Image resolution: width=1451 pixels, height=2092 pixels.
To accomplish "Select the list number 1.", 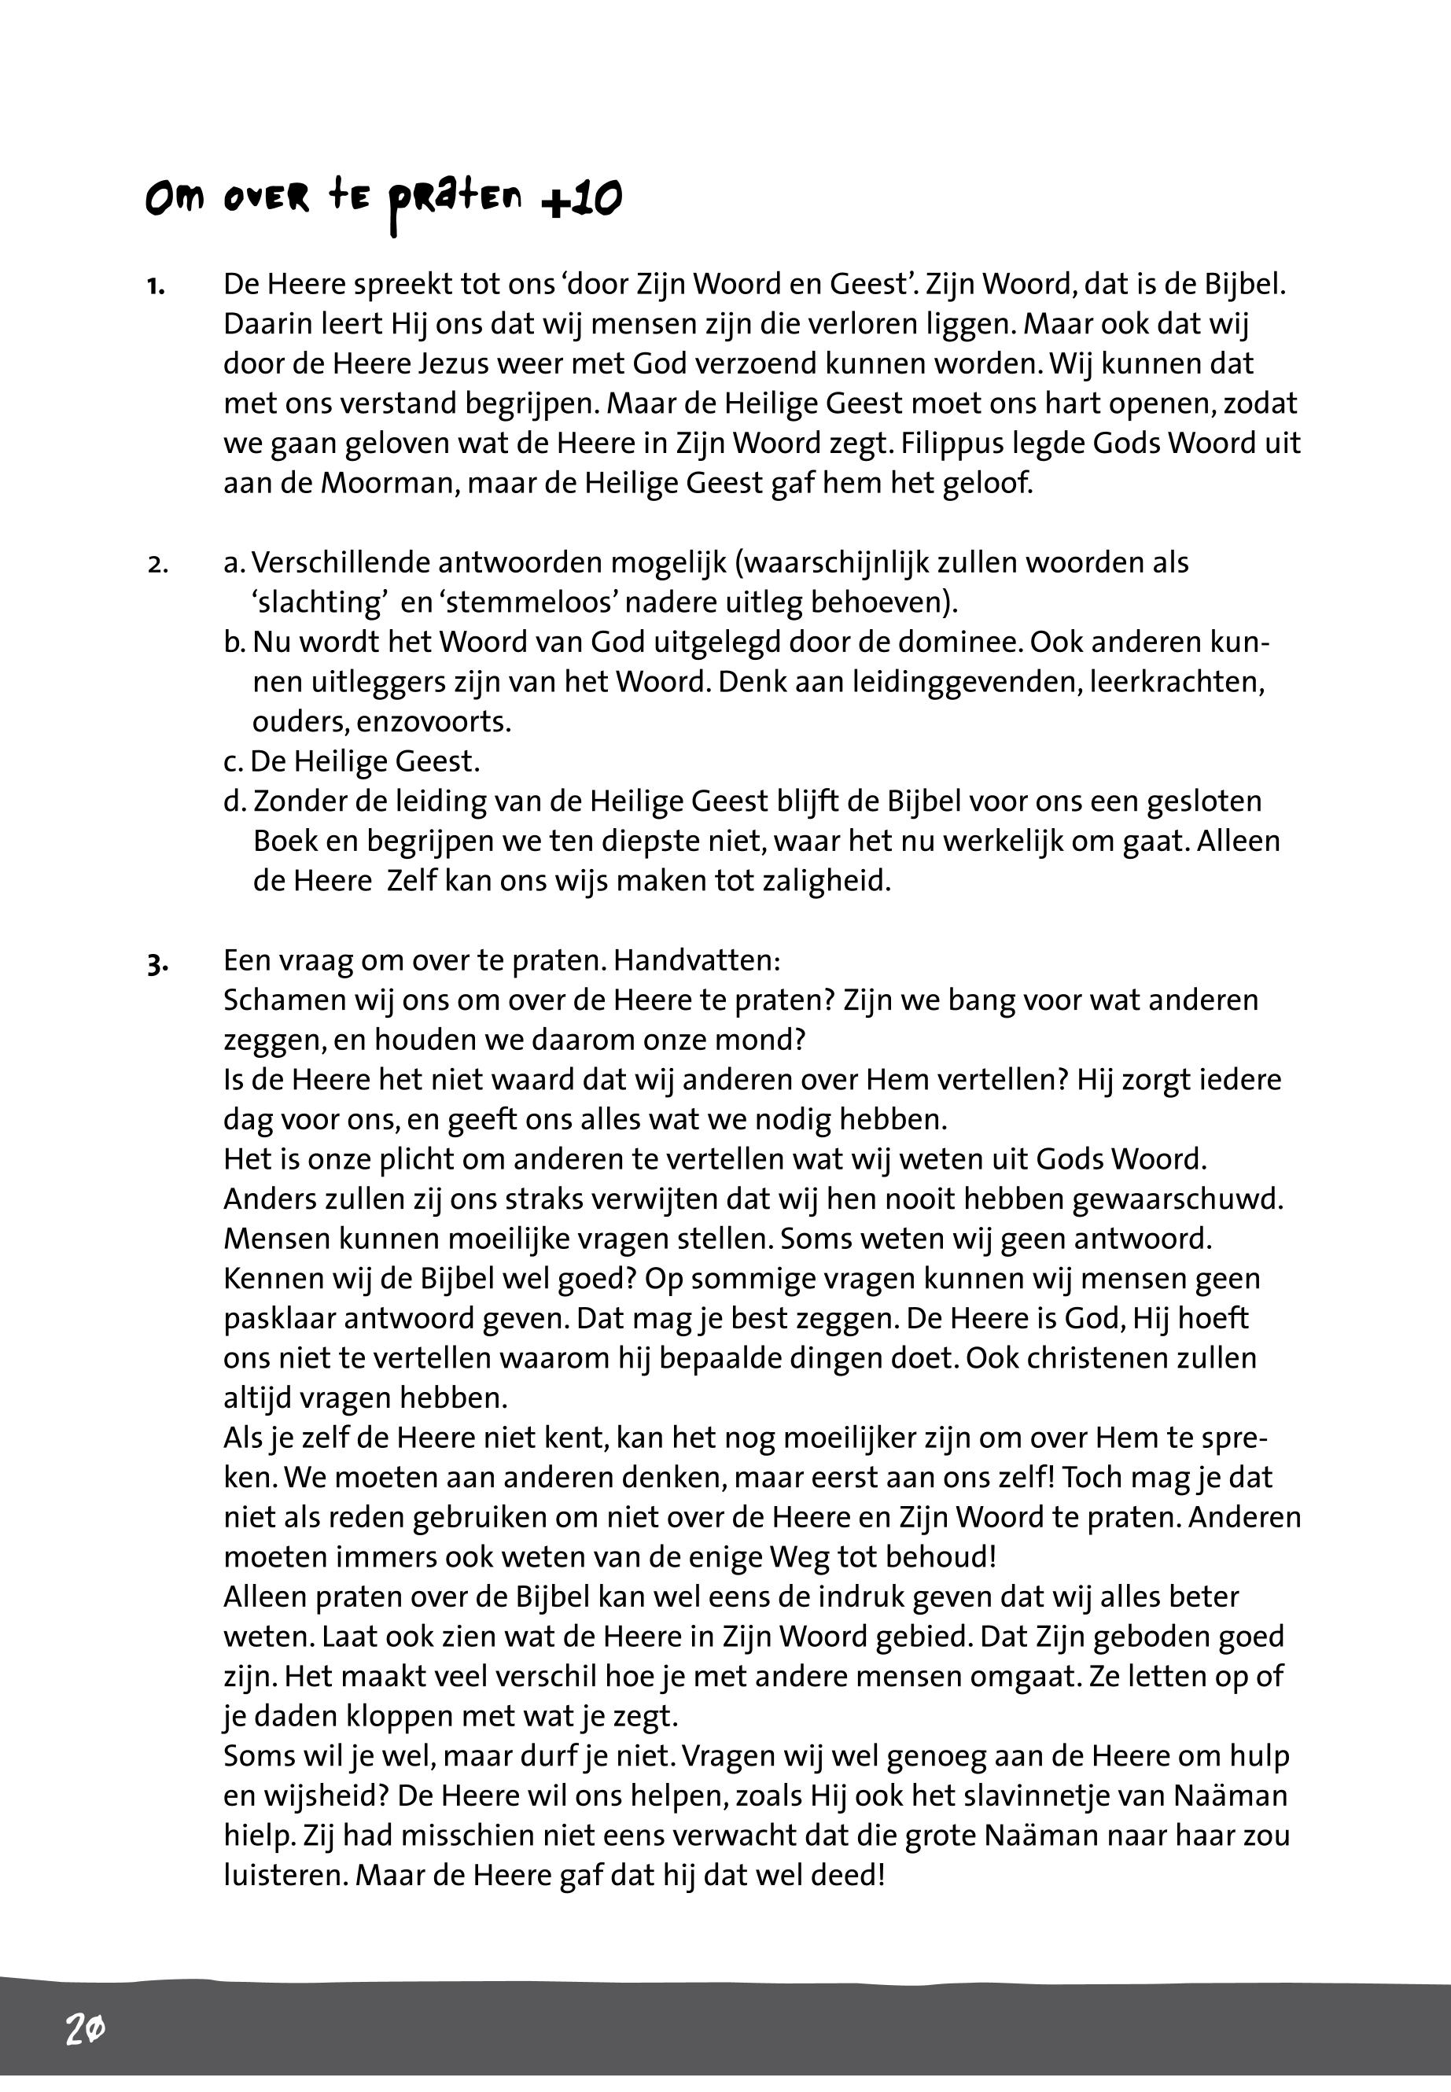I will [x=156, y=287].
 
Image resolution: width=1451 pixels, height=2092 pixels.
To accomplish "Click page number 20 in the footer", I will [x=85, y=2029].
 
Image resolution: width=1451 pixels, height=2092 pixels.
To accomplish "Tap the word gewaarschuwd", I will [x=1178, y=1199].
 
